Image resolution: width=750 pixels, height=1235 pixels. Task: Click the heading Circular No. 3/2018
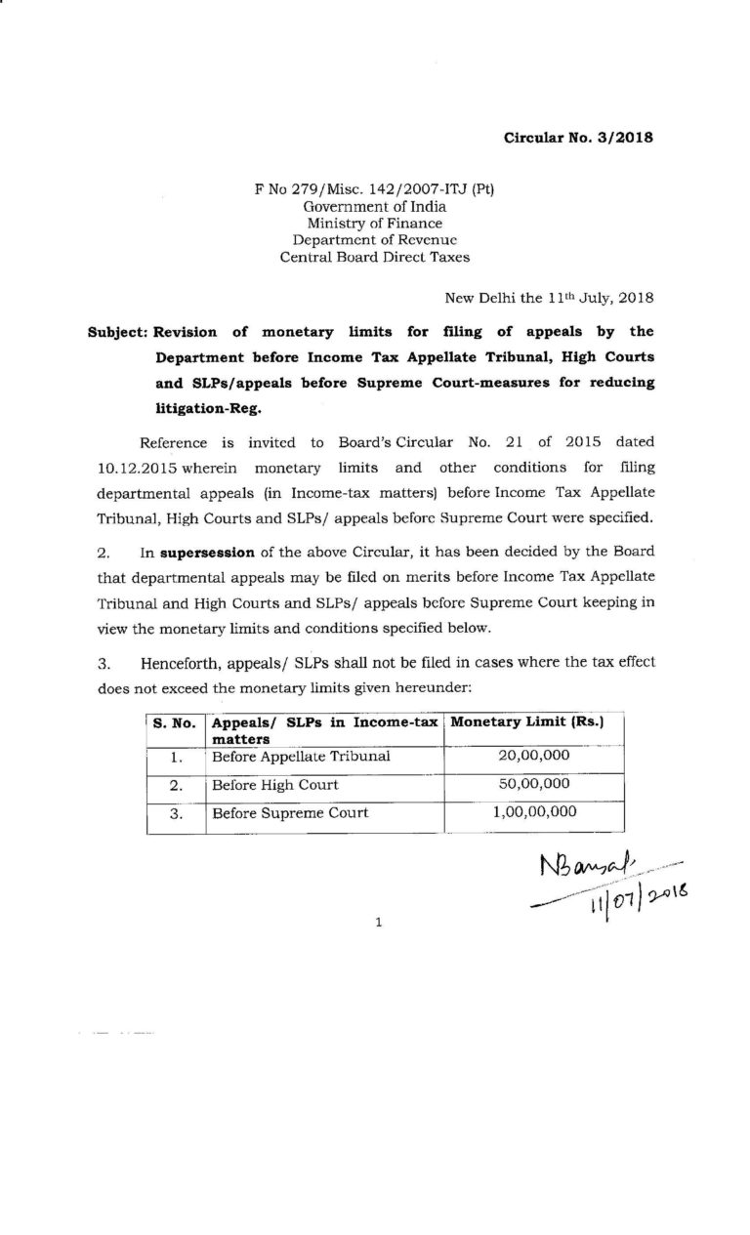pyautogui.click(x=577, y=138)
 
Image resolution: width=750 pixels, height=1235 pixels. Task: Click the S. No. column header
pyautogui.click(x=175, y=723)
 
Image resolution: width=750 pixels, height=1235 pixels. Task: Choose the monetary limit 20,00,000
pyautogui.click(x=533, y=755)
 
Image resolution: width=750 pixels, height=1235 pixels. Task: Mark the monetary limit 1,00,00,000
pyautogui.click(x=533, y=812)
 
